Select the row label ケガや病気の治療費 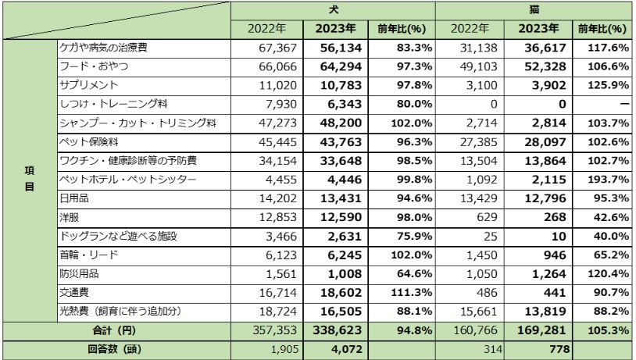point(104,48)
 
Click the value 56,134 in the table point(337,48)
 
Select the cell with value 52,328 point(539,67)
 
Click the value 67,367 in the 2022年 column point(270,48)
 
